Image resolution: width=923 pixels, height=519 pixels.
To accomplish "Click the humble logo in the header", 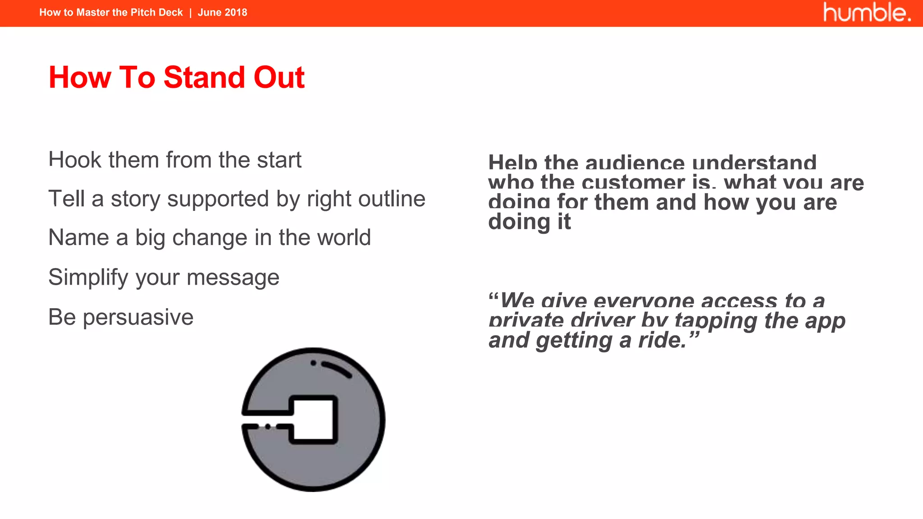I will (867, 12).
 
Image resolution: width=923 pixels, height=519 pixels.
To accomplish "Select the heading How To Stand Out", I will (177, 77).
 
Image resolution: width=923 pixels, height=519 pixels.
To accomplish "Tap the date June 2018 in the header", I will (222, 12).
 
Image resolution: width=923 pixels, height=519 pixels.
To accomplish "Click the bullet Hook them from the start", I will (175, 160).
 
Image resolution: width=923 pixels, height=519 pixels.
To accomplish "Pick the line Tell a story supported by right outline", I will (237, 199).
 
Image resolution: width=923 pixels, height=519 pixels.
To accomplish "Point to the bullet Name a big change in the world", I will (210, 237).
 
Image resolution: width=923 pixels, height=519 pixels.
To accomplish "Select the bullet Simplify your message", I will (164, 277).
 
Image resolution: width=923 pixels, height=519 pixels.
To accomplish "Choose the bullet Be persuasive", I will (121, 317).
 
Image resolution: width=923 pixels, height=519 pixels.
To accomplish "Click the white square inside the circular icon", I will (314, 419).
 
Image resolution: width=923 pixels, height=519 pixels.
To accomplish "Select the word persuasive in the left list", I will (138, 317).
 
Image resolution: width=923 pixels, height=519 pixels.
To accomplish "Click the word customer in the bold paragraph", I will (634, 183).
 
